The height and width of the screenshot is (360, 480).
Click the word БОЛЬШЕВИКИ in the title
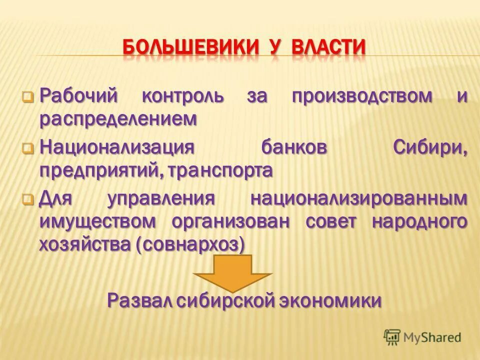(190, 48)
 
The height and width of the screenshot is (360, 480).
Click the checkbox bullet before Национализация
(28, 148)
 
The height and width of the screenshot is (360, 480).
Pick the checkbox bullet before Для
(28, 200)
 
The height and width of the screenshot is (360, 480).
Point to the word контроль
(183, 95)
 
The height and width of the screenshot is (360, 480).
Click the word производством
(362, 95)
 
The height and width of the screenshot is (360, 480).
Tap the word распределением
(118, 119)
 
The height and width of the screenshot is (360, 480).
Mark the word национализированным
(359, 199)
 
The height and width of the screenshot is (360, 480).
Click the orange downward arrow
(233, 272)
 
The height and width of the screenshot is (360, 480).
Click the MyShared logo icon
(392, 337)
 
